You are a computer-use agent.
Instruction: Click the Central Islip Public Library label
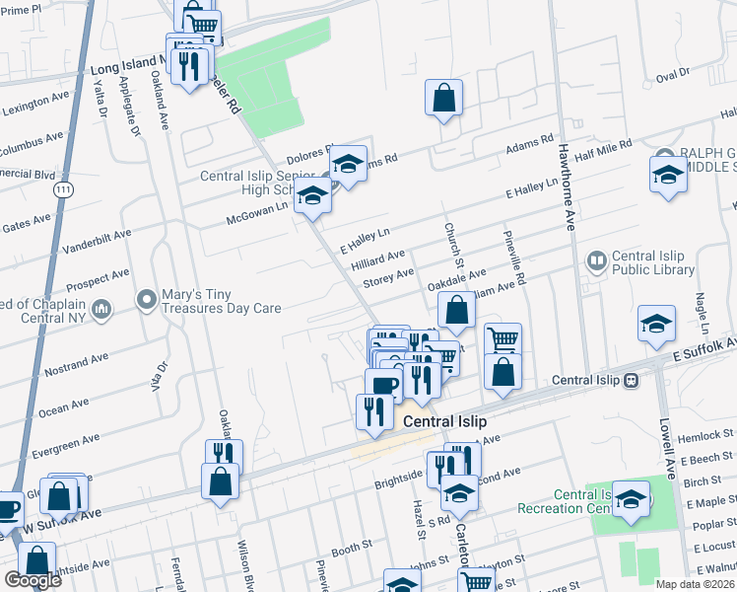point(653,262)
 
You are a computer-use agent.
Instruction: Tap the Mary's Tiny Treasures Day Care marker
point(147,298)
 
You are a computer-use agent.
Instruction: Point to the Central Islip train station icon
point(632,380)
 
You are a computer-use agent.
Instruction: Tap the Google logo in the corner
point(33,580)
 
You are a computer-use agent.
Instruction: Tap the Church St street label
point(456,243)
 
